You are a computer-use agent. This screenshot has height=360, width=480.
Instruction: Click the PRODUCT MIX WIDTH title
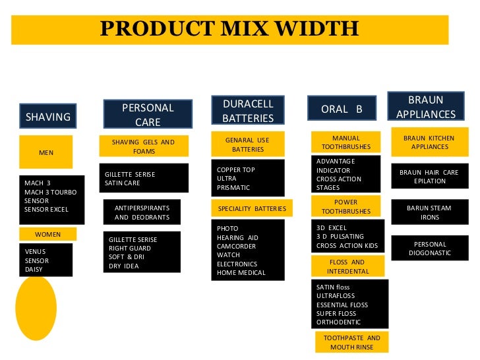click(229, 30)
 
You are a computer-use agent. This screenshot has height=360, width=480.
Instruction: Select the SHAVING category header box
click(47, 117)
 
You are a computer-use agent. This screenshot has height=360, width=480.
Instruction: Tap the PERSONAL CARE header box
click(148, 114)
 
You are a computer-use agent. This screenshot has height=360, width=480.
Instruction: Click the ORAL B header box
click(342, 109)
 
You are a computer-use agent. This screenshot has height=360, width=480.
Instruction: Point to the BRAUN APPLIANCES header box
click(426, 107)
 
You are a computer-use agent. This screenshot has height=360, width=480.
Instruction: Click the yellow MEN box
click(46, 152)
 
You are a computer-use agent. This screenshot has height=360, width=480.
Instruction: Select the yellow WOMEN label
click(47, 234)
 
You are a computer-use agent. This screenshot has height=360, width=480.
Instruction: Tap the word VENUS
click(35, 251)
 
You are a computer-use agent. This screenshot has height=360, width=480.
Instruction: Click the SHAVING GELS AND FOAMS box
click(143, 146)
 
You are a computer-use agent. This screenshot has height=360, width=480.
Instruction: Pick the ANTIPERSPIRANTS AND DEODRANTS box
click(142, 212)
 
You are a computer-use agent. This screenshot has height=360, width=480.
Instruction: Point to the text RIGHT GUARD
click(130, 249)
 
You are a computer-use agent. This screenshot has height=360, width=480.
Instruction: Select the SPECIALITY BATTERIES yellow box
click(252, 209)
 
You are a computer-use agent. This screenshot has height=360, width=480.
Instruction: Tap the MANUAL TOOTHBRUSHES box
click(346, 142)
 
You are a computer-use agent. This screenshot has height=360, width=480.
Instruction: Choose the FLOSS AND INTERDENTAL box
click(346, 266)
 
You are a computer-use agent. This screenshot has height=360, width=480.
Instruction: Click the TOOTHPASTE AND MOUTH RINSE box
click(351, 342)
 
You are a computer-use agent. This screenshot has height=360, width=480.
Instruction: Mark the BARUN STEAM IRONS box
click(429, 212)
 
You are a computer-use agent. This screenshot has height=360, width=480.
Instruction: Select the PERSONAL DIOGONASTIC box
click(429, 249)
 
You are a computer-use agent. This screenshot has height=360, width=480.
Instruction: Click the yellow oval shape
click(36, 308)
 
